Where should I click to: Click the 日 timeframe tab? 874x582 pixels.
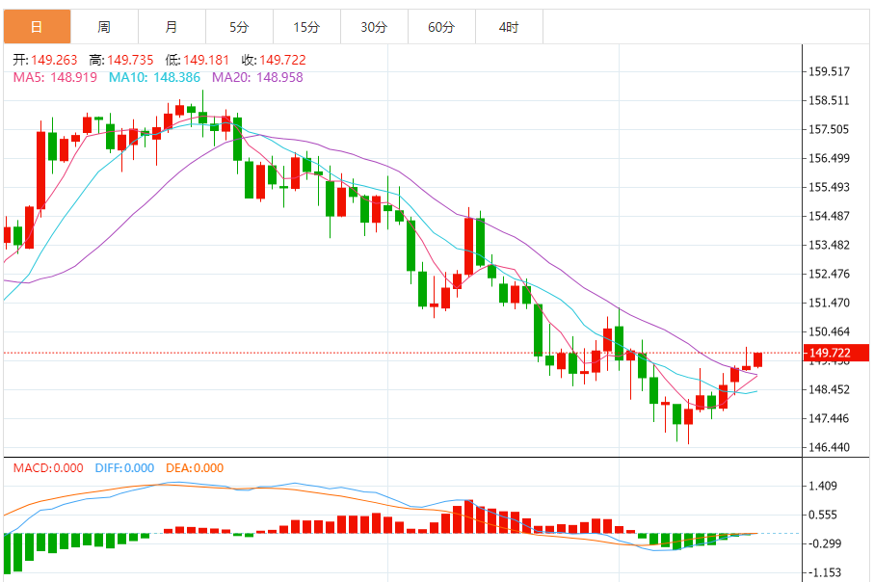coord(37,27)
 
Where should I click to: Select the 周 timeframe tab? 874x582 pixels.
coord(104,27)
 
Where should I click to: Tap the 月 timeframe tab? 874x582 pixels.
coord(172,27)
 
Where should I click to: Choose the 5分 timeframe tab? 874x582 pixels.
coord(239,27)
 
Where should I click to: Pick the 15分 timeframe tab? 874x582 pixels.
coord(306,27)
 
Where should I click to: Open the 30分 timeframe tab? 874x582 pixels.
coord(374,27)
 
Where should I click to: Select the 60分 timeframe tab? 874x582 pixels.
coord(441,27)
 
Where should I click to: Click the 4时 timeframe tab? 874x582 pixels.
coord(509,27)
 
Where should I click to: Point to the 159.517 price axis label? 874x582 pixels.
coord(830,71)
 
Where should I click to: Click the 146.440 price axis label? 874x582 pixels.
coord(830,447)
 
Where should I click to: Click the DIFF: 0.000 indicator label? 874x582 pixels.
coord(125,468)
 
